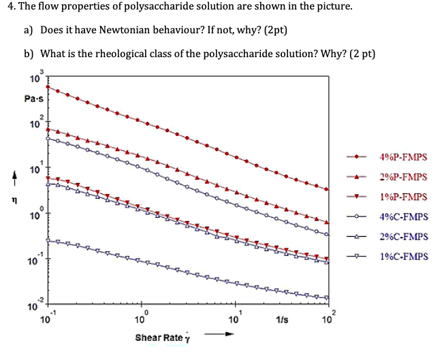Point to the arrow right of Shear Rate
click(x=219, y=333)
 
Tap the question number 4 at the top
click(x=7, y=7)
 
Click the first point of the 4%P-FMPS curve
click(x=47, y=88)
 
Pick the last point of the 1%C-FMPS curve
click(x=327, y=297)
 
